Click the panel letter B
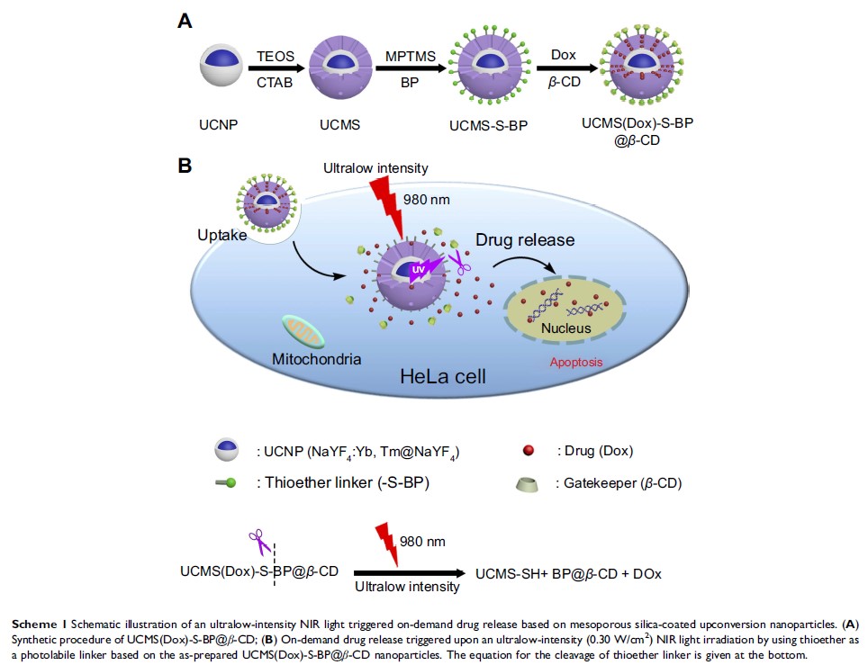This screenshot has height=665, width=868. (x=185, y=166)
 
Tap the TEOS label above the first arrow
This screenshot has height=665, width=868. (x=276, y=56)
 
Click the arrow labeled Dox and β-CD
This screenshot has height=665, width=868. (x=564, y=67)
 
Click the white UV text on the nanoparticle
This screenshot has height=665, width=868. (x=418, y=270)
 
